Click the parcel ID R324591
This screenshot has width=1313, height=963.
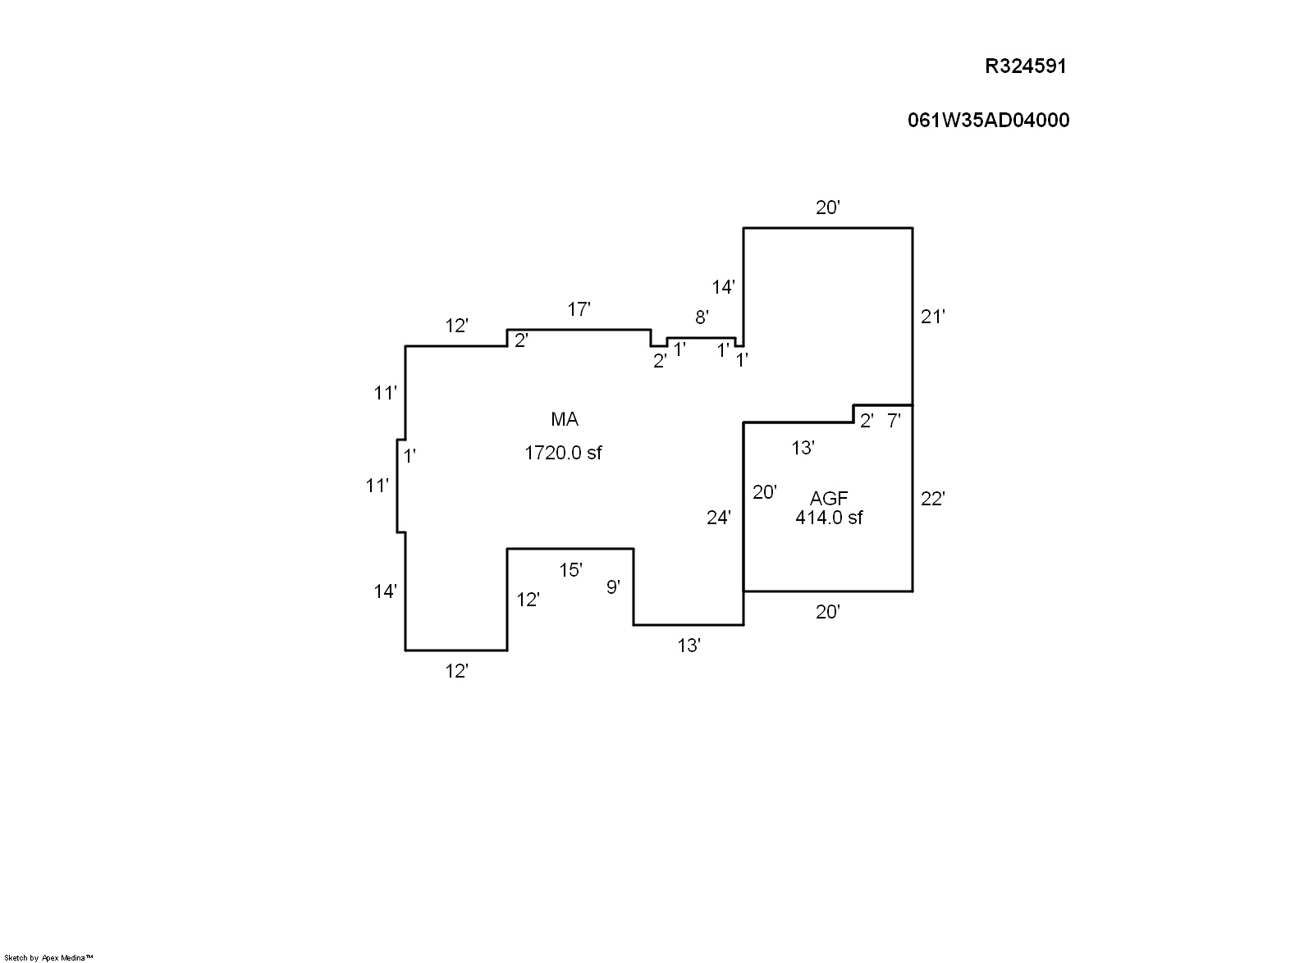[1025, 66]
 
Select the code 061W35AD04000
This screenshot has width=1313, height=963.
[988, 121]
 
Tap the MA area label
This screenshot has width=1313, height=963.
[565, 420]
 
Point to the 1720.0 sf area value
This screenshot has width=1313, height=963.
[563, 453]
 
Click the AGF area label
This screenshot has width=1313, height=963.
[829, 498]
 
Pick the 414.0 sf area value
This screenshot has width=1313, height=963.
[829, 518]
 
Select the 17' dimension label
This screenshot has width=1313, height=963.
[579, 309]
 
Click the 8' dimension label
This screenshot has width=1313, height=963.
[702, 317]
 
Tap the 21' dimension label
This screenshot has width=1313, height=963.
[933, 317]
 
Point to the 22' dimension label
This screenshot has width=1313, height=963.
[933, 499]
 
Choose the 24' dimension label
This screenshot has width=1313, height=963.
[719, 518]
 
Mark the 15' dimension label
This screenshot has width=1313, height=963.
[570, 569]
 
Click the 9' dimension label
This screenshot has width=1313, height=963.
[613, 586]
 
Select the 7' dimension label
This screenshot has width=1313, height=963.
[894, 422]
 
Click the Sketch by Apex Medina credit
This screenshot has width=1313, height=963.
[49, 957]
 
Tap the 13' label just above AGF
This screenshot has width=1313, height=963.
[803, 448]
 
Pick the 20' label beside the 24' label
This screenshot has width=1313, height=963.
[765, 492]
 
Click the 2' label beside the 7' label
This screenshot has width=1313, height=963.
[867, 422]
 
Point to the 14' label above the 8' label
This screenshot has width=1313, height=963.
[723, 287]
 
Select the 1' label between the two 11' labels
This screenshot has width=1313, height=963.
[409, 456]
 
